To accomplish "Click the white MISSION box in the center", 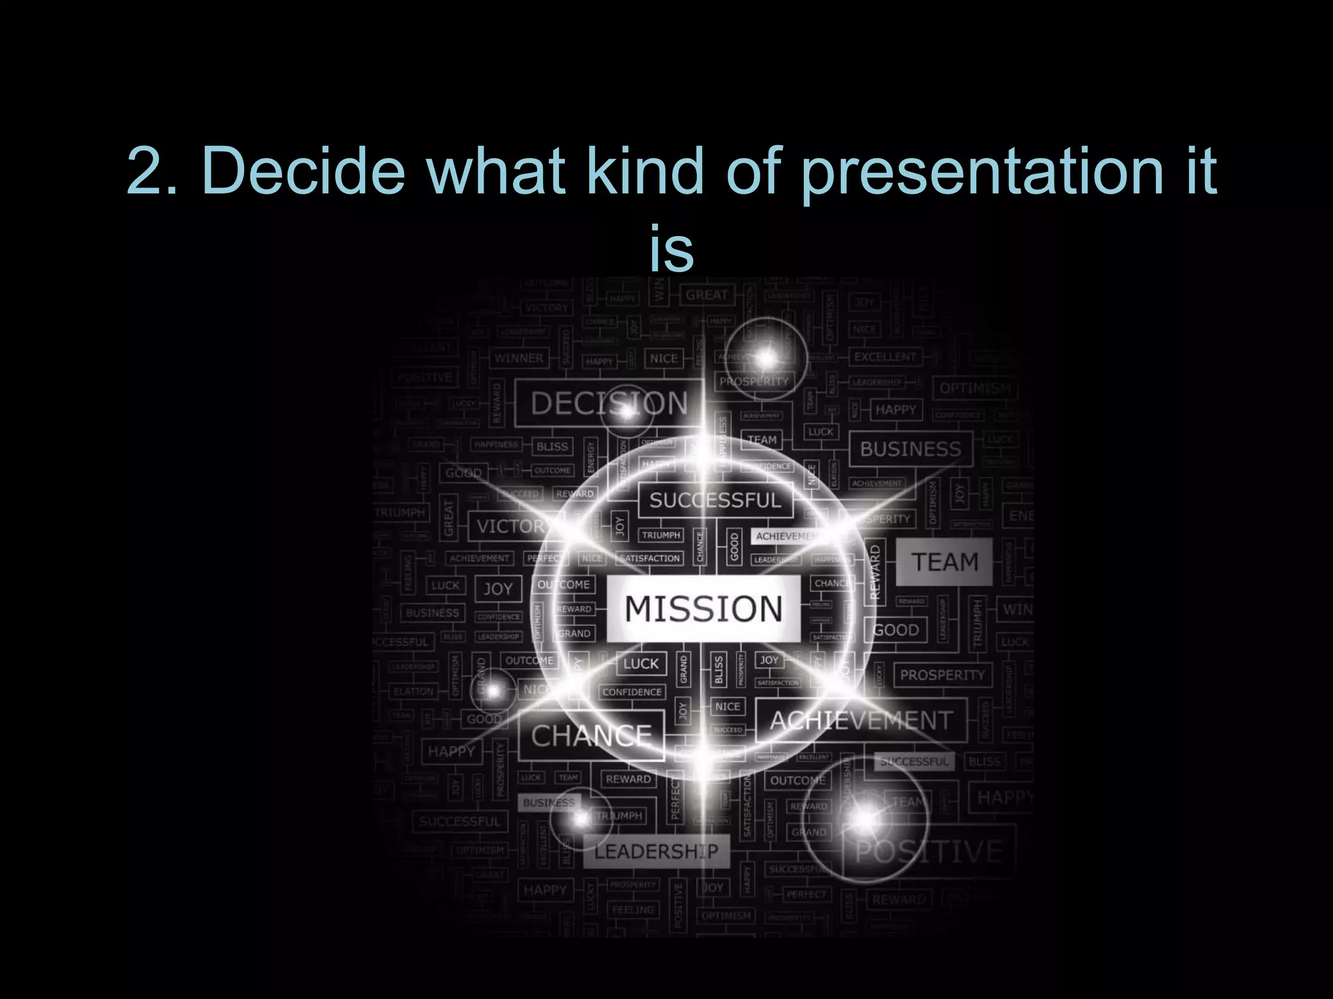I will click(703, 609).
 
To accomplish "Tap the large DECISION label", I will click(609, 403).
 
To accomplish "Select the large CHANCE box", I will click(591, 736).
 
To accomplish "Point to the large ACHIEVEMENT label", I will click(861, 721).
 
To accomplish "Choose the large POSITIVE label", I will click(929, 851).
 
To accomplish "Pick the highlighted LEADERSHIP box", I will click(656, 851).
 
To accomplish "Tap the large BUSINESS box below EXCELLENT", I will click(911, 449).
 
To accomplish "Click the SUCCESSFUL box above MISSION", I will click(715, 500).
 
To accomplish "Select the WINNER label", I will click(519, 358).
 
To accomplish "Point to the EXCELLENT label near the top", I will click(885, 357).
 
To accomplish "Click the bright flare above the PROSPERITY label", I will click(767, 357).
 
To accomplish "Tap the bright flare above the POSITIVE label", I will click(866, 819).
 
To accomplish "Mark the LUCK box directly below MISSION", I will click(641, 664).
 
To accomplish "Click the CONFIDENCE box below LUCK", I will click(632, 692).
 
